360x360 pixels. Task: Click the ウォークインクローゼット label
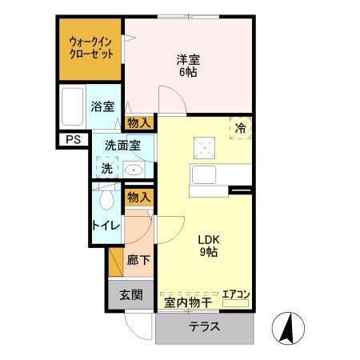click(90, 47)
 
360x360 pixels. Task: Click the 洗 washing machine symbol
click(106, 169)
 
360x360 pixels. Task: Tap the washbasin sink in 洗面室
click(133, 170)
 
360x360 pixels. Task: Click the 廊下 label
click(138, 260)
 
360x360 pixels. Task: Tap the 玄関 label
click(131, 294)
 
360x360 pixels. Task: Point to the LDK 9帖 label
click(207, 246)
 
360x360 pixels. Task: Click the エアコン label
click(236, 294)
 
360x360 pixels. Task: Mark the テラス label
click(205, 328)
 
